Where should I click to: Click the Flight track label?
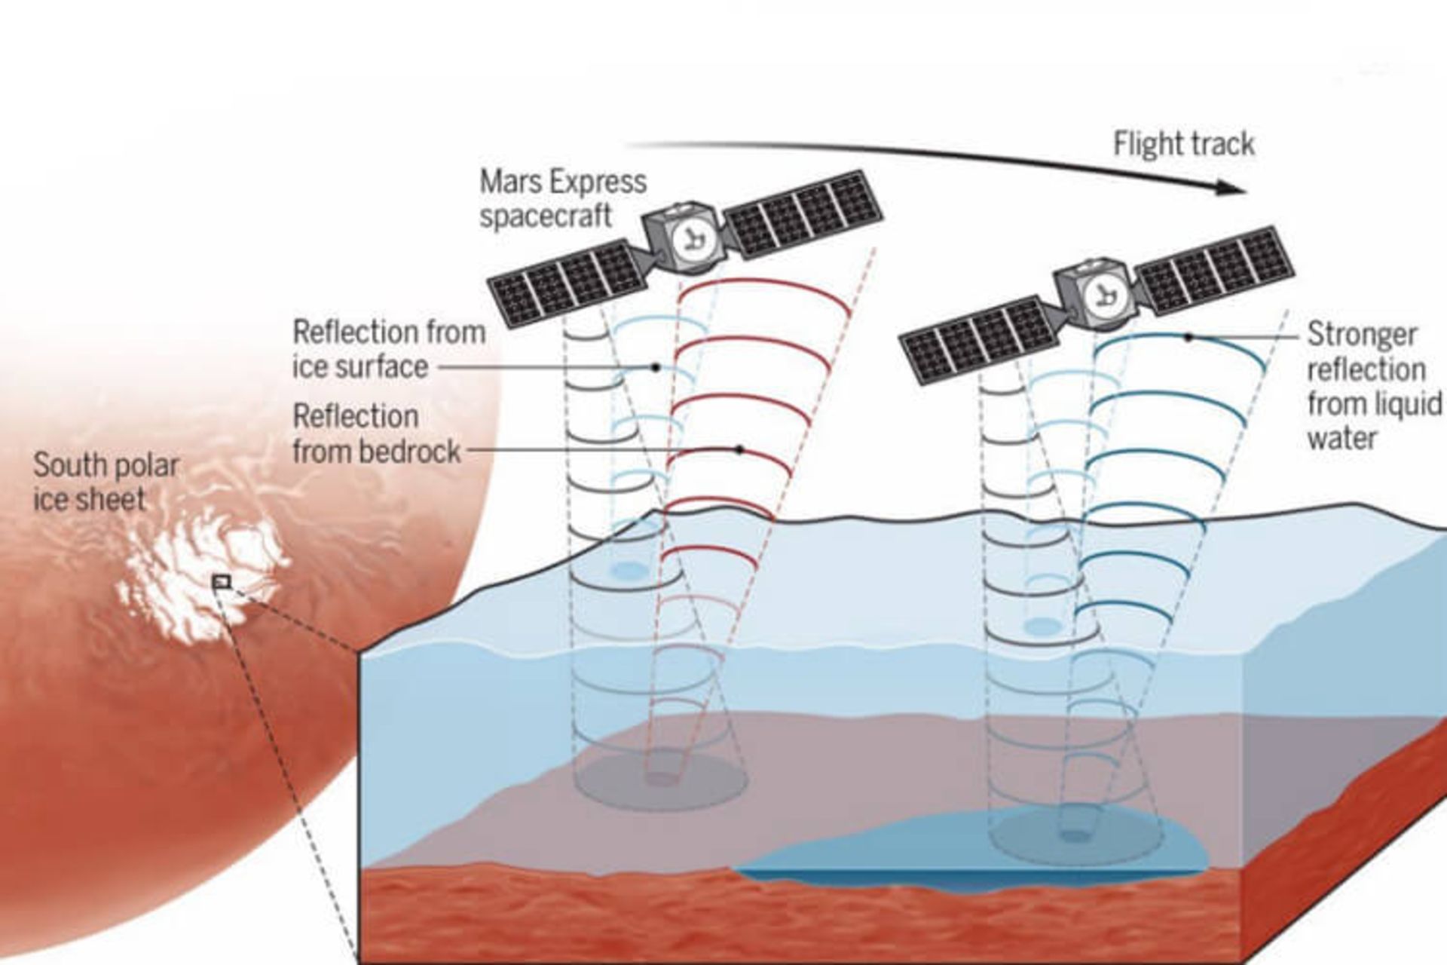point(1184,143)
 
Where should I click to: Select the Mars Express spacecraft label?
point(562,198)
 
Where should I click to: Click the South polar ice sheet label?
point(106,482)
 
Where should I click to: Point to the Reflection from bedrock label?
point(376,433)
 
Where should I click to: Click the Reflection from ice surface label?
point(388,349)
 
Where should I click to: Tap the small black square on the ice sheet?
point(221,581)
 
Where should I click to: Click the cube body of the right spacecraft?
point(1096,293)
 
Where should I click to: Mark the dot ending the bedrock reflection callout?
point(740,449)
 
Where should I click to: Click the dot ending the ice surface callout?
point(656,367)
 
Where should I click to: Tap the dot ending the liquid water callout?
point(1188,337)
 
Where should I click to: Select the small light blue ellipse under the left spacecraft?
point(630,570)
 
